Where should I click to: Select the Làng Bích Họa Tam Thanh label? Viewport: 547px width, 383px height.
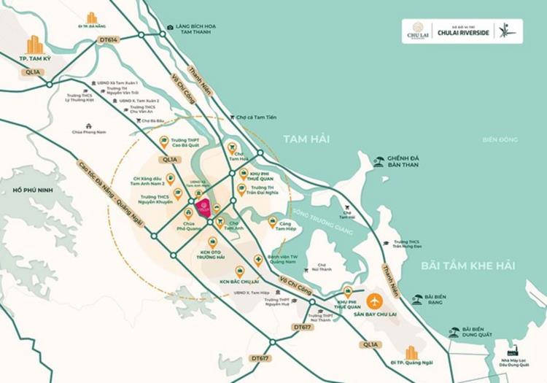click(196, 28)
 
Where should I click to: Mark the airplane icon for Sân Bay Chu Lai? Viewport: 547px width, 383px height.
click(376, 300)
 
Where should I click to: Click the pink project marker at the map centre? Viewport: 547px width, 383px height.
click(206, 207)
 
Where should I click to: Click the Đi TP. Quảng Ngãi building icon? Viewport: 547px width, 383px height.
click(412, 353)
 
